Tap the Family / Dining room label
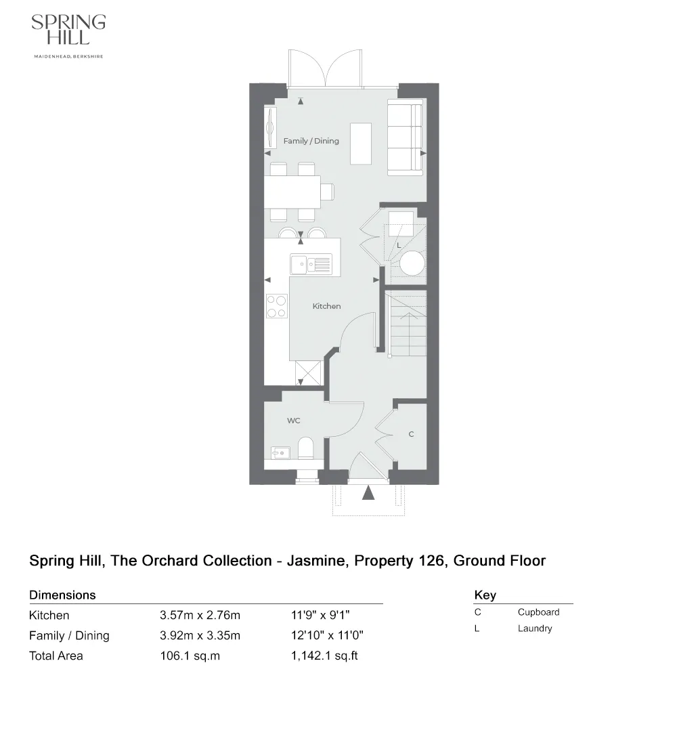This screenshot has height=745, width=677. click(311, 141)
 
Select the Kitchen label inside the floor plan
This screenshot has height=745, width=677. click(326, 306)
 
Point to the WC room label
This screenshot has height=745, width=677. click(293, 421)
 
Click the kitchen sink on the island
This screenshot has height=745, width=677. click(311, 263)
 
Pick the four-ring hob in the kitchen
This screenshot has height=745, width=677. click(276, 305)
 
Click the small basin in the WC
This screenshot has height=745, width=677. click(279, 451)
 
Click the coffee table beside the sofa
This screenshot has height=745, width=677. click(361, 144)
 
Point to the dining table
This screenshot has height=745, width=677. click(292, 192)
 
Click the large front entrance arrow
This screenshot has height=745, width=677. click(368, 492)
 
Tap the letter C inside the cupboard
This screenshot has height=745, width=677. click(411, 434)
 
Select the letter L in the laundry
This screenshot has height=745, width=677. click(399, 244)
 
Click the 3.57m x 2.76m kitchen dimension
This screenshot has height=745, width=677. click(200, 616)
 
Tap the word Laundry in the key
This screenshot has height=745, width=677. click(535, 629)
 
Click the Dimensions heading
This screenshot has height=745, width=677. click(62, 595)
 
